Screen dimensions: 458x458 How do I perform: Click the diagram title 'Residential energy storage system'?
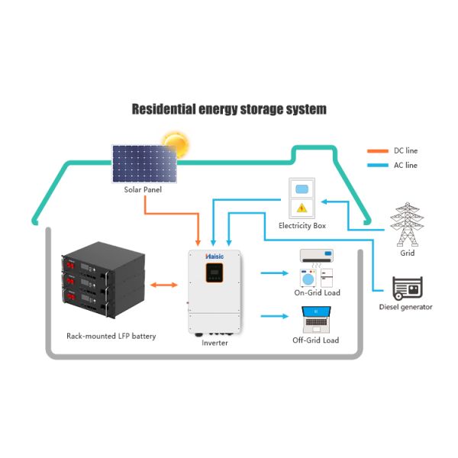(229, 109)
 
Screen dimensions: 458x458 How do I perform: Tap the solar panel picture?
(145, 163)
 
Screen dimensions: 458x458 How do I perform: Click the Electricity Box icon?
(302, 198)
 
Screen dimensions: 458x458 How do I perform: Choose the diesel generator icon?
(405, 289)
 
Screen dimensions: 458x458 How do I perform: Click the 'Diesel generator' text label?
(405, 307)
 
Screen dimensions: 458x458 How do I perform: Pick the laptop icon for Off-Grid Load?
(315, 319)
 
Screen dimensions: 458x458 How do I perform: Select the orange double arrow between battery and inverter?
(162, 285)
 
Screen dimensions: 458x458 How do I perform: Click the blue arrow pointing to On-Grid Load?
(273, 271)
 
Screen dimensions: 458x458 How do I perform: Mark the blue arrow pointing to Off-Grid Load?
(273, 315)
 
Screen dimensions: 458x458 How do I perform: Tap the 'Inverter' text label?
(214, 343)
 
